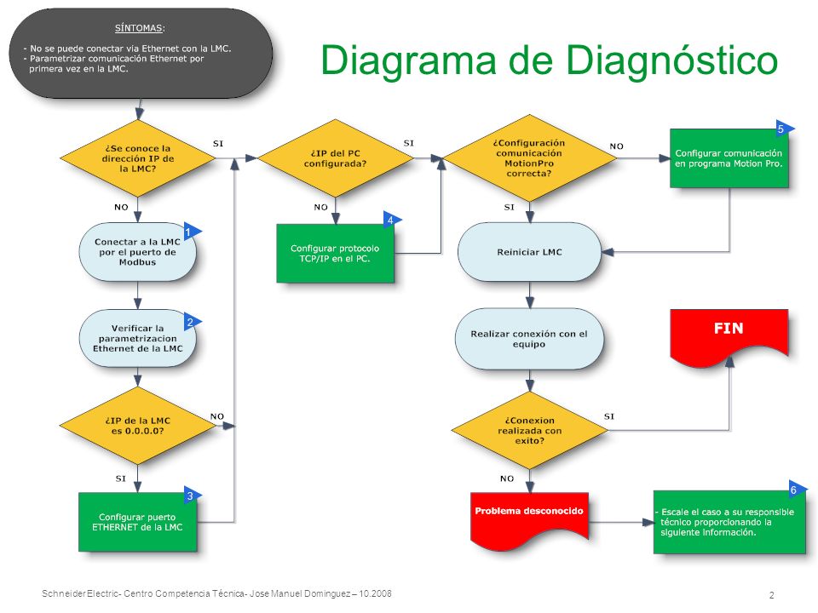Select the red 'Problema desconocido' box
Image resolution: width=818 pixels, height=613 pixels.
click(529, 518)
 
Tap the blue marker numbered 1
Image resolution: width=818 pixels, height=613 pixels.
click(191, 231)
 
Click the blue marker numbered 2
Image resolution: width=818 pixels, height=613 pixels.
click(191, 322)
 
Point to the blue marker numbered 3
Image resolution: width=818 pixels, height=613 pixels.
click(191, 496)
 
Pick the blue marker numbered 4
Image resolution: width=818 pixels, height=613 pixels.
click(391, 220)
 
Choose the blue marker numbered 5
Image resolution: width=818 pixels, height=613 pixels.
click(784, 129)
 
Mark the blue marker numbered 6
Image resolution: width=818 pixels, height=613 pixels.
click(797, 490)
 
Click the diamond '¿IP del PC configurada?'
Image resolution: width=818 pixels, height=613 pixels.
click(336, 158)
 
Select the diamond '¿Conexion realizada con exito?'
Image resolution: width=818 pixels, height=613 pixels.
click(529, 430)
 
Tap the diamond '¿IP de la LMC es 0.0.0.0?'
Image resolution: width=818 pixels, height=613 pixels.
click(138, 426)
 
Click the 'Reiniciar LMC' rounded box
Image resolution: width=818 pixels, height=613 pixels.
click(529, 252)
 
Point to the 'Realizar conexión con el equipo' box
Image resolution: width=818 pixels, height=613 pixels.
click(529, 339)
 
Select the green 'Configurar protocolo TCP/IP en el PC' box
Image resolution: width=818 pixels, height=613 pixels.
click(335, 254)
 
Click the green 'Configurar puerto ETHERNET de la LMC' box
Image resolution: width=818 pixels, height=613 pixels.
click(138, 522)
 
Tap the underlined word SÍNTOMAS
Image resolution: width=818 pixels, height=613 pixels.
click(140, 28)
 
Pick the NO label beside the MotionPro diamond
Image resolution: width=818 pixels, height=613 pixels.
click(617, 146)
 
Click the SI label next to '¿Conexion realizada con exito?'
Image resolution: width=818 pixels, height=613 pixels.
click(609, 416)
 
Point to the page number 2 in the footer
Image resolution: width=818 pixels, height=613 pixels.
click(772, 595)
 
